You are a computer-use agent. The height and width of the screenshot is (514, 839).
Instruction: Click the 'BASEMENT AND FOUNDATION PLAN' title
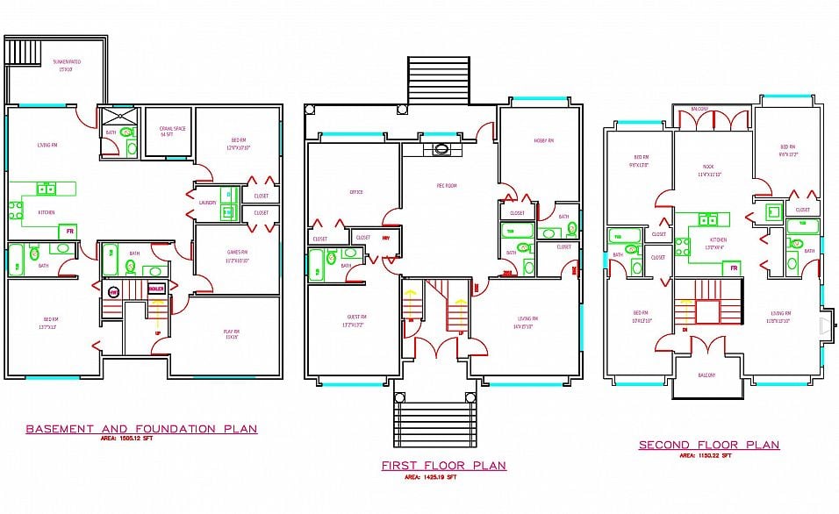click(x=141, y=429)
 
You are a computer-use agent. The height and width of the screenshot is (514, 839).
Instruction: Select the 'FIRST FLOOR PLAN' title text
click(x=443, y=466)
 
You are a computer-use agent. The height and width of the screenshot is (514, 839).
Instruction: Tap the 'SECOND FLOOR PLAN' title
click(x=708, y=445)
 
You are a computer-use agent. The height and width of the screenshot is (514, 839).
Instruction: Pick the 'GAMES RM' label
click(x=239, y=252)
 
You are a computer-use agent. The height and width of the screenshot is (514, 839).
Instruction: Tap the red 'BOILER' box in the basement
click(x=156, y=289)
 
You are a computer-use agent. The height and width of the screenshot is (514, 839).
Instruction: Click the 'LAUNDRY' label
click(x=207, y=203)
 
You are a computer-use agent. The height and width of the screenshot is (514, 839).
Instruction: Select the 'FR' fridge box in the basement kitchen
click(x=67, y=232)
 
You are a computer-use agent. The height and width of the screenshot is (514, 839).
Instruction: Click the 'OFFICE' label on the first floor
click(x=355, y=192)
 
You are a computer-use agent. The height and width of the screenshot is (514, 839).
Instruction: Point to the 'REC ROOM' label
click(x=447, y=186)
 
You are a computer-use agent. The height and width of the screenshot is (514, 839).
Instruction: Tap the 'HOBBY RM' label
click(x=544, y=140)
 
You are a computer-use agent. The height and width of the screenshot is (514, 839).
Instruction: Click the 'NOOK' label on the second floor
click(x=708, y=166)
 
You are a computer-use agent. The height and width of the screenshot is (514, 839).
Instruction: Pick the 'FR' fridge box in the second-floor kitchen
click(x=734, y=268)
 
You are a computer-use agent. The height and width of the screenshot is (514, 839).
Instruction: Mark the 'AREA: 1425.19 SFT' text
click(x=430, y=478)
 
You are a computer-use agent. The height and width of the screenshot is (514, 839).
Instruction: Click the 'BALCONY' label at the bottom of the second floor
click(x=706, y=375)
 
